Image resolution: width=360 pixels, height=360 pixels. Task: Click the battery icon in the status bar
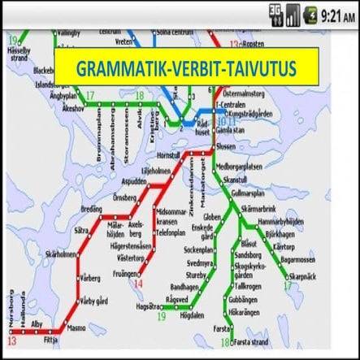pos(310,14)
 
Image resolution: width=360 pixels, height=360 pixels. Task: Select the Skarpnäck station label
pos(304,276)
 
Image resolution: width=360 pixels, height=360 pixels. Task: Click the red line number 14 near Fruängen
pos(139,285)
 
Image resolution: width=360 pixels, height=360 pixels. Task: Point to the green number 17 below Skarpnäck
pos(287,286)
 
